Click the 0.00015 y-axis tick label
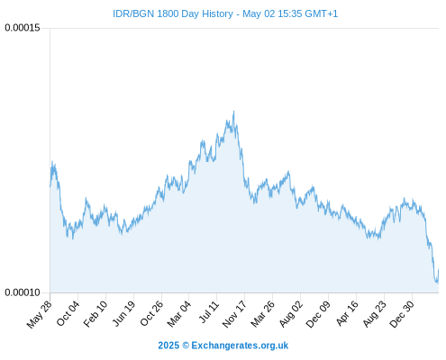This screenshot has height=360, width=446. click(x=23, y=28)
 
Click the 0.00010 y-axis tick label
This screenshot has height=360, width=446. click(x=23, y=292)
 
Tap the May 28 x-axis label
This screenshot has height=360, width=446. click(x=40, y=314)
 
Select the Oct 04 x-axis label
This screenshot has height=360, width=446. click(x=68, y=313)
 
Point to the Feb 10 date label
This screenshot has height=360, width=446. click(x=96, y=314)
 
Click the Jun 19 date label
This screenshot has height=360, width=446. click(x=123, y=313)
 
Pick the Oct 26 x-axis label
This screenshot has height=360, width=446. click(x=151, y=313)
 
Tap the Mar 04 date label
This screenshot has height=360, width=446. click(x=179, y=314)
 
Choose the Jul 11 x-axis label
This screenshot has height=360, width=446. click(x=209, y=312)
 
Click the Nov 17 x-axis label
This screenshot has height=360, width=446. click(x=234, y=314)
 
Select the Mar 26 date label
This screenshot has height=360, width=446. click(x=262, y=314)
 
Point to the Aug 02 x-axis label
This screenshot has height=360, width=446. click(x=291, y=314)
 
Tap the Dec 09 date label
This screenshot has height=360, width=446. click(x=318, y=314)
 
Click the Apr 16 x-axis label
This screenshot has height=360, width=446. click(x=347, y=313)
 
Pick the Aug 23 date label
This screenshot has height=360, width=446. click(x=374, y=314)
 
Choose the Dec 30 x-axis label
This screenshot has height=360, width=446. click(x=402, y=314)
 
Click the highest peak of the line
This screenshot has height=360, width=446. click(x=233, y=111)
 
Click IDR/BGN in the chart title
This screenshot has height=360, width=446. click(x=133, y=13)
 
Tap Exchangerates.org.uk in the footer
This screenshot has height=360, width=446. click(x=240, y=346)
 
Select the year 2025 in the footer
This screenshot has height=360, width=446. click(x=168, y=346)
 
